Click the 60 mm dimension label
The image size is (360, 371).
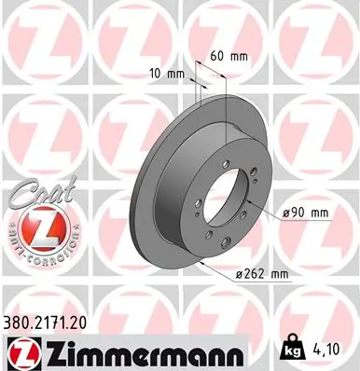pyautogui.click(x=228, y=56)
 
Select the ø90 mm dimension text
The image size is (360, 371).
pyautogui.click(x=305, y=213)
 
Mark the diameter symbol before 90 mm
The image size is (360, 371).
pyautogui.click(x=284, y=213)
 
